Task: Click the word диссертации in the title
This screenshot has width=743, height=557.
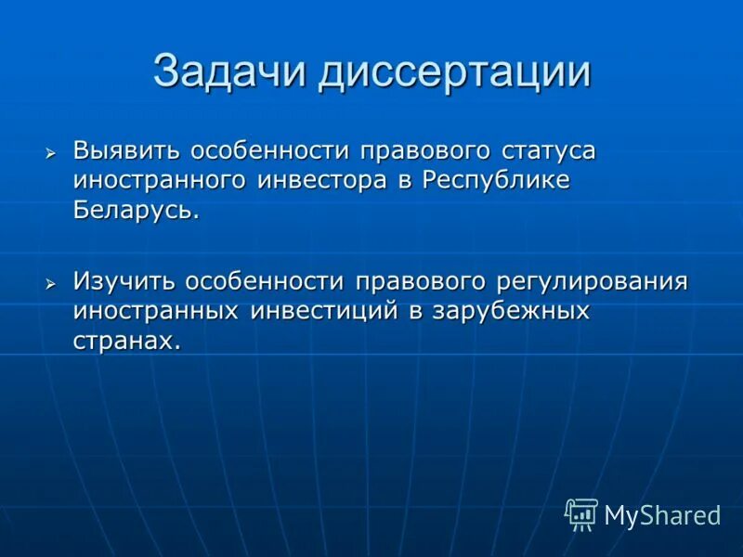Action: [455, 71]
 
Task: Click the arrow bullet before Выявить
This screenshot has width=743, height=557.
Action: [52, 151]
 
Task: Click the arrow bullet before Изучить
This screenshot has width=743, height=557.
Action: [52, 281]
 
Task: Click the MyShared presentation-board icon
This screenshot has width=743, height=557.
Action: [581, 514]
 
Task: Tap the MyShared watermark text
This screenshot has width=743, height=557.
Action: [662, 516]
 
